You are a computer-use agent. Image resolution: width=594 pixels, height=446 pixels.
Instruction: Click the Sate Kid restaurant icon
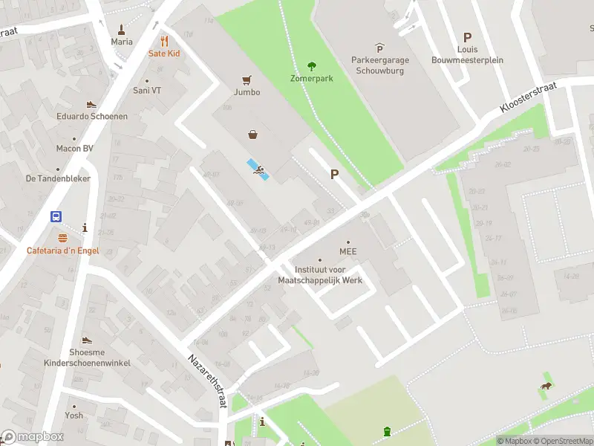(164, 41)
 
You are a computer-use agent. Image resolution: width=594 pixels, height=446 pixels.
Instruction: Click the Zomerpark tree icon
(312, 65)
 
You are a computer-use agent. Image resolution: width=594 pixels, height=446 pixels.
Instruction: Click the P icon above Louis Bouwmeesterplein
(467, 37)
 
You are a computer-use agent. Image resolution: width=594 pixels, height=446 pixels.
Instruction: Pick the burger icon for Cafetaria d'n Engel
(62, 238)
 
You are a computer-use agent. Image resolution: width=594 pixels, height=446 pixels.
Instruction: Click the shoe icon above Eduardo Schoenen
(91, 105)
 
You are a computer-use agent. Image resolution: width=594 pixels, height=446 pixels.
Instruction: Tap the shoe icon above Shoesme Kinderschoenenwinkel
(87, 340)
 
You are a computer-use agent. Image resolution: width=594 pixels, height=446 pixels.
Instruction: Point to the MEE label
(348, 251)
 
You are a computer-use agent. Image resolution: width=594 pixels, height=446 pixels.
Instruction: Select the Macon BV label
(74, 149)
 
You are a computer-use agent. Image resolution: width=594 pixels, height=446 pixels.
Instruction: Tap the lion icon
(546, 385)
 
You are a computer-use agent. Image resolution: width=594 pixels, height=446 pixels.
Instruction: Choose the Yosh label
(74, 416)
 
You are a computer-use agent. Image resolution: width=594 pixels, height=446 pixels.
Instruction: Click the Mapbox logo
(31, 437)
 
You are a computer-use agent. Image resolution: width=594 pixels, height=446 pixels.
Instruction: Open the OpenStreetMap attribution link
(561, 441)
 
